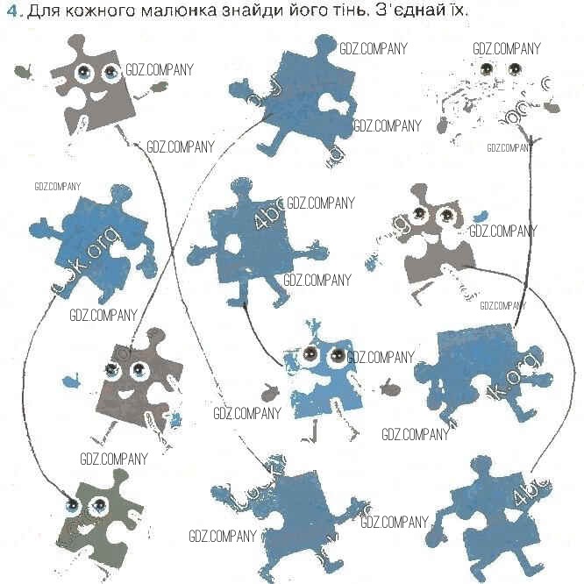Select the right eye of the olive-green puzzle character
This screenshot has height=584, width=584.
click(98, 504)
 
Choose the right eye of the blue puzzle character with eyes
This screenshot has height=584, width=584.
click(334, 356)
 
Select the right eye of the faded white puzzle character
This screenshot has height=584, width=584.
click(506, 70)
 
